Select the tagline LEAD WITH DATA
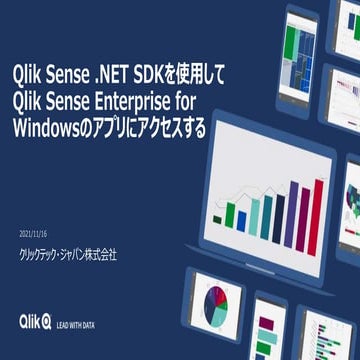(x=76, y=323)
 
